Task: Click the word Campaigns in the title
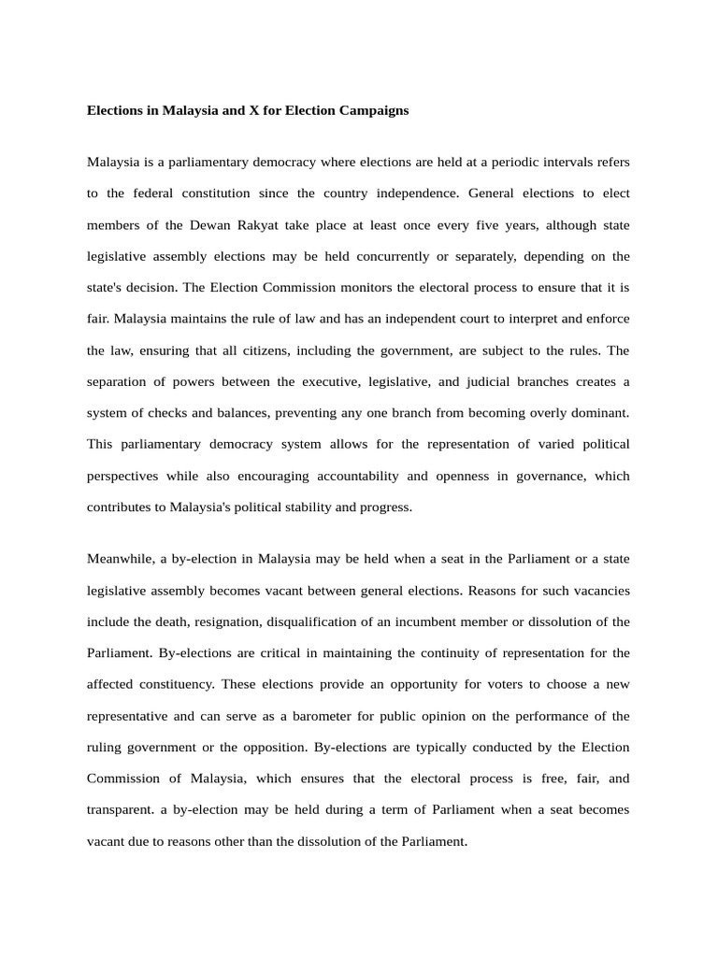click(372, 110)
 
